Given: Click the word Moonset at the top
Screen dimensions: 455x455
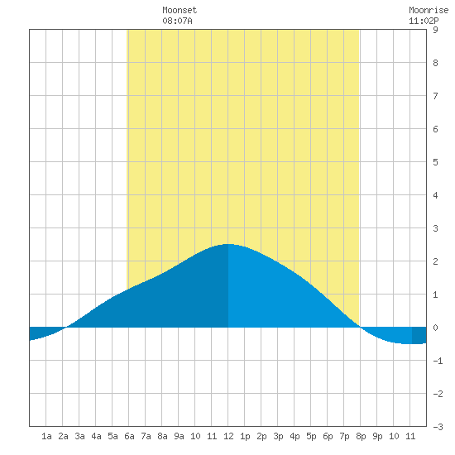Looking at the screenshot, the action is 180,10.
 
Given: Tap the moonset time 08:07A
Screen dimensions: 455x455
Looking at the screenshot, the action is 177,21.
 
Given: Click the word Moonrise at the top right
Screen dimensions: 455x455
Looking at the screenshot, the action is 429,10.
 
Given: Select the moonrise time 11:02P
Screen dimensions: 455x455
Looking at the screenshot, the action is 424,21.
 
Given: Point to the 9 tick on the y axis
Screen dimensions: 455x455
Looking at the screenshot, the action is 435,30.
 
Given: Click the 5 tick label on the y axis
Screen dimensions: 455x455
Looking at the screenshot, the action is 435,162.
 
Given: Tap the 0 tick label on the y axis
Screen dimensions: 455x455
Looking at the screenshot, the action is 435,328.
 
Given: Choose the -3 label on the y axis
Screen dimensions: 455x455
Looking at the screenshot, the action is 438,427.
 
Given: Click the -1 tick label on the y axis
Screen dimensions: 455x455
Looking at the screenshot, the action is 438,361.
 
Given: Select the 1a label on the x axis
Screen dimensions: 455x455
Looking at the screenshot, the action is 46,436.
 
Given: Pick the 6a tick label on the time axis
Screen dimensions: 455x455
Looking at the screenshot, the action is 129,436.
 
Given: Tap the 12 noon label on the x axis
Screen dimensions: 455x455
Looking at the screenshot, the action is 228,436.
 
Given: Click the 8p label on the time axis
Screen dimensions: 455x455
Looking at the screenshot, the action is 361,436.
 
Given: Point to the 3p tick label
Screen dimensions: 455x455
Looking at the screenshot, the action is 278,436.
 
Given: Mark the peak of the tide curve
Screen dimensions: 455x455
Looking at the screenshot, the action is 228,244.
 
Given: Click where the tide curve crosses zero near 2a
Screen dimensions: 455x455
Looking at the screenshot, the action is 67,328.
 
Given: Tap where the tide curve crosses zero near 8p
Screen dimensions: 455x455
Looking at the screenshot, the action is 360,327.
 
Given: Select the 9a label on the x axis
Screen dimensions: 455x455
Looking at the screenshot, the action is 179,436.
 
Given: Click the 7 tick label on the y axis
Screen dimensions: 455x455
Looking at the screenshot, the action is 435,96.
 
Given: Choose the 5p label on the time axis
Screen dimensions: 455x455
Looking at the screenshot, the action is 311,436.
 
